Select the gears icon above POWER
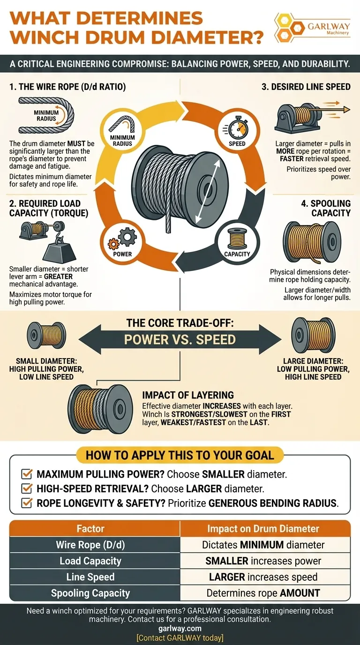pyautogui.click(x=122, y=240)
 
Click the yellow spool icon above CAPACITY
pyautogui.click(x=237, y=239)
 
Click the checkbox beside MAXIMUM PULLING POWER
pyautogui.click(x=27, y=473)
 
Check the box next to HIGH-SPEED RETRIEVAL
pyautogui.click(x=27, y=488)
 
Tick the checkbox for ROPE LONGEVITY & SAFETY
pyautogui.click(x=27, y=503)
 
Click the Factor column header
pyautogui.click(x=90, y=529)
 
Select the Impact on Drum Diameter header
pyautogui.click(x=263, y=529)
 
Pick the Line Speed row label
pyautogui.click(x=90, y=577)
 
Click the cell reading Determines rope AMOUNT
pyautogui.click(x=263, y=593)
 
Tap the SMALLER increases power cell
pyautogui.click(x=263, y=561)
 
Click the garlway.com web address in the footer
pyautogui.click(x=180, y=628)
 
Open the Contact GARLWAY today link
pyautogui.click(x=180, y=637)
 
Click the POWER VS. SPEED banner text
pyautogui.click(x=180, y=339)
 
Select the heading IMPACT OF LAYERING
pyautogui.click(x=188, y=395)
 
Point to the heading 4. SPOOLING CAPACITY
pyautogui.click(x=326, y=208)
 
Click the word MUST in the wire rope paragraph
pyautogui.click(x=76, y=143)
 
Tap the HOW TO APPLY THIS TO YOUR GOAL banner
pyautogui.click(x=180, y=455)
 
